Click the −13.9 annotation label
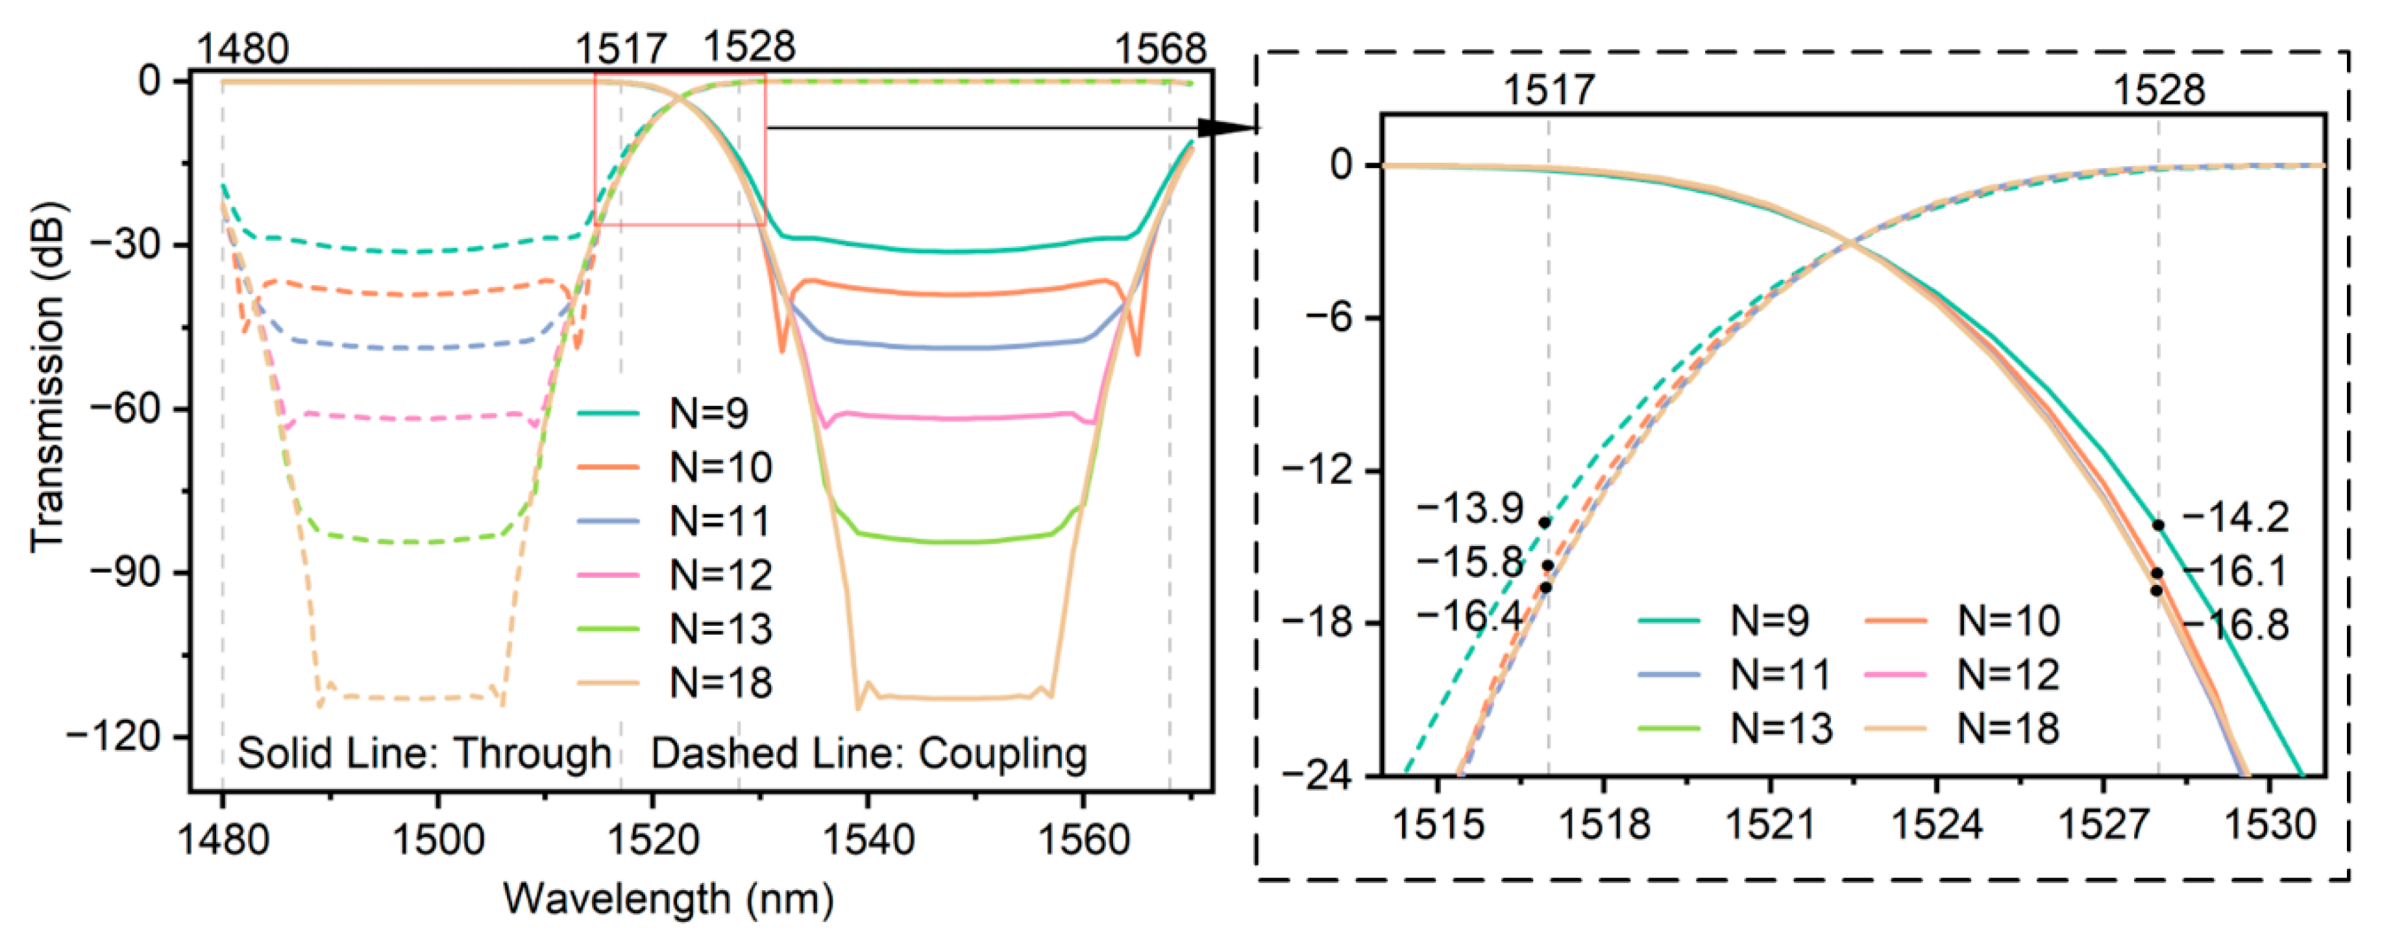1470,508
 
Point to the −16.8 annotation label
2236,626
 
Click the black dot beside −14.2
2158,525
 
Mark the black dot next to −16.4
1545,587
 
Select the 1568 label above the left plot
1160,48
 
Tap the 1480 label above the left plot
243,48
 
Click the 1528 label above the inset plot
2159,90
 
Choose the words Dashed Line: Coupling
868,754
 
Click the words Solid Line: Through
424,754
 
